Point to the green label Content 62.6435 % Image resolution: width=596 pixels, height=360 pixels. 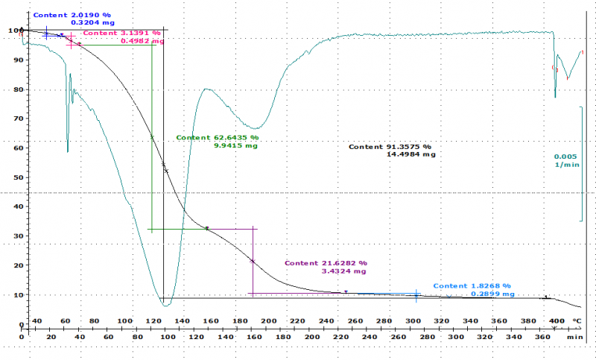217,138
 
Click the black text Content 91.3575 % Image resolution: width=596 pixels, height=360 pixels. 390,147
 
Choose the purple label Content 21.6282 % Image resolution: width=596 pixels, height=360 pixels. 326,263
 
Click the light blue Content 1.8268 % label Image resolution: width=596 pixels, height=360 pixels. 472,286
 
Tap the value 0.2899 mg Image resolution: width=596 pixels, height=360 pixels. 491,294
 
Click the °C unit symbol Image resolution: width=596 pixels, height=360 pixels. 576,321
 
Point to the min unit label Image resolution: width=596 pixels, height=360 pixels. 574,337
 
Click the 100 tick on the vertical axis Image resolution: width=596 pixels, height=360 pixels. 9,31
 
